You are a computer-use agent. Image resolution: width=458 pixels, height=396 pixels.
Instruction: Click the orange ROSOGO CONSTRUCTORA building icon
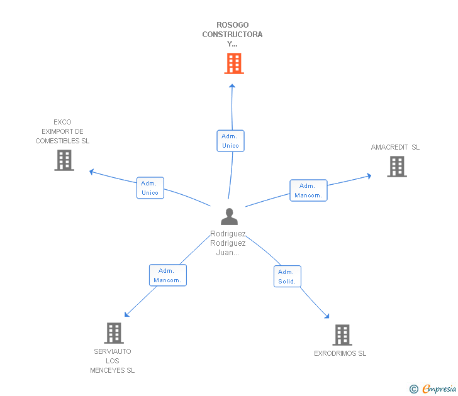pos(233,63)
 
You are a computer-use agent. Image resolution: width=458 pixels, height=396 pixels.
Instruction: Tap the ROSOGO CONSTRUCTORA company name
pos(232,35)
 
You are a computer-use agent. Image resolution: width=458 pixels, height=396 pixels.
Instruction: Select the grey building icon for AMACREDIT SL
pos(396,167)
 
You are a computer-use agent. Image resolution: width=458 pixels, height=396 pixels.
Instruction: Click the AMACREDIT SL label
pos(395,148)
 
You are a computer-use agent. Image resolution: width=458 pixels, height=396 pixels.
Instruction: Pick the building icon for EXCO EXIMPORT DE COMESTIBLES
pos(64,160)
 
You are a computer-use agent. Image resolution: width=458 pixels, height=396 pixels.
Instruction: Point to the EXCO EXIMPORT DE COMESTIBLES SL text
pos(62,131)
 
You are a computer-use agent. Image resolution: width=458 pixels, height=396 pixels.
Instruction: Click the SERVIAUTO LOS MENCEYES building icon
pos(113,333)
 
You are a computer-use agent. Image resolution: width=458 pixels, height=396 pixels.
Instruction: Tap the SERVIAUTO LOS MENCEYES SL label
pos(113,361)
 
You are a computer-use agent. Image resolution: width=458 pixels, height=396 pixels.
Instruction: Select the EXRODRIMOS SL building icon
pos(342,335)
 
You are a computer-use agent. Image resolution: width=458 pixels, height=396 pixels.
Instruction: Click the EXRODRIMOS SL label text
pos(340,353)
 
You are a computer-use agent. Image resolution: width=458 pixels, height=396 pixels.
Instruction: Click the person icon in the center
pos(230,217)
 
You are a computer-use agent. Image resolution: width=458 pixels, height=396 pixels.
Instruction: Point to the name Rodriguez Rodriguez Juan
pos(228,243)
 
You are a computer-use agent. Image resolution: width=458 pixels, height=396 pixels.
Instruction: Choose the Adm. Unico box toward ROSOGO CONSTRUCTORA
pos(230,141)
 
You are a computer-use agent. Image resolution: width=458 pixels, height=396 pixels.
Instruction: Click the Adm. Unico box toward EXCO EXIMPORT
pos(150,188)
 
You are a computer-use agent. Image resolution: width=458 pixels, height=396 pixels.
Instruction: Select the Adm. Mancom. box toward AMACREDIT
pos(308,190)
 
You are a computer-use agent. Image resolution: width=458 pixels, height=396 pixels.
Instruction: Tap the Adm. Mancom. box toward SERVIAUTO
pos(167,275)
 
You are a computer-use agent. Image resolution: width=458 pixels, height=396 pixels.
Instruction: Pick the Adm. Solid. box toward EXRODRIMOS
pos(287,277)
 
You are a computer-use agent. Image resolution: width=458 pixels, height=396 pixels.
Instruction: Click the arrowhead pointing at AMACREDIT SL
pos(369,176)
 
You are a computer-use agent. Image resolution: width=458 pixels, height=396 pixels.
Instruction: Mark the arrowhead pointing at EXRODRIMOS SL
pos(327,316)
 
